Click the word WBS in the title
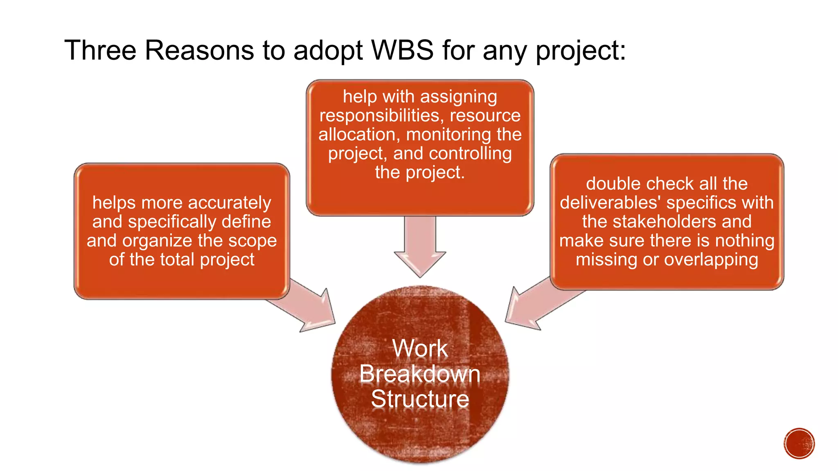click(x=402, y=51)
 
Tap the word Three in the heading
click(x=100, y=51)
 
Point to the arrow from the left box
click(x=311, y=306)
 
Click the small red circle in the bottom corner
click(x=799, y=443)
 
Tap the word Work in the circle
click(x=420, y=348)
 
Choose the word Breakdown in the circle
click(x=420, y=374)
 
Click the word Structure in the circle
click(x=420, y=399)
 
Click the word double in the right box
click(x=612, y=184)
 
